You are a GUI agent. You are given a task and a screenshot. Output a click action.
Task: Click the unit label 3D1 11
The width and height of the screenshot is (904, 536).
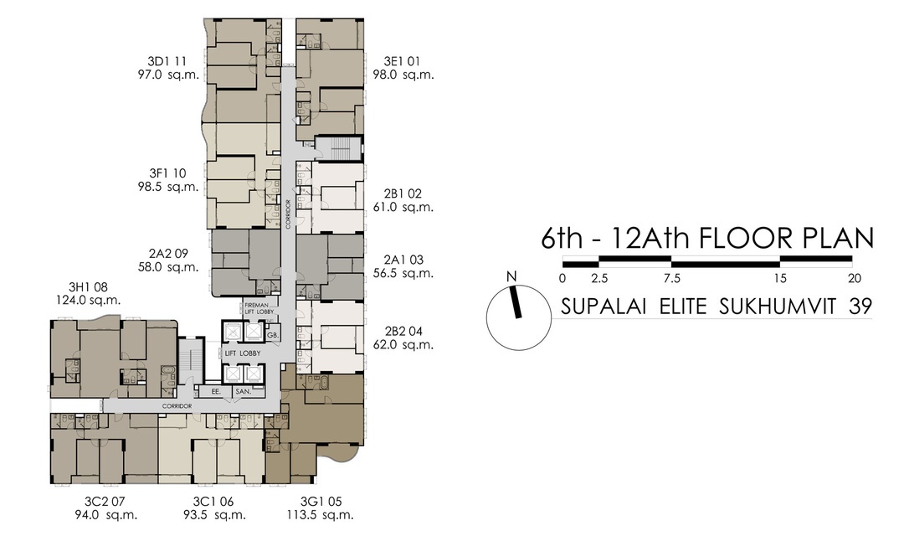coord(167,61)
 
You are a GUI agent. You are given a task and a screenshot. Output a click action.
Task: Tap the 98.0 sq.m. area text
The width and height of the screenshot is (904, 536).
coord(403,75)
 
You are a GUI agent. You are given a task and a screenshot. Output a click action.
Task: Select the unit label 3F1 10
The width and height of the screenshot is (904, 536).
coord(167,173)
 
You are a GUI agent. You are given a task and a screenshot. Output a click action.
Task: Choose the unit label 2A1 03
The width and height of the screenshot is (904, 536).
coord(403,259)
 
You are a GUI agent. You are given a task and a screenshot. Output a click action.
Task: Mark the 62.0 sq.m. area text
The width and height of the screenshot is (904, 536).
coord(403,344)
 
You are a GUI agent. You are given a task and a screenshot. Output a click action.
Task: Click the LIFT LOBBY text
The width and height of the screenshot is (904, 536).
coord(243,353)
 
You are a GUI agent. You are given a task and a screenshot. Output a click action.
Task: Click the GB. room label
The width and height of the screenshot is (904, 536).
coord(272,335)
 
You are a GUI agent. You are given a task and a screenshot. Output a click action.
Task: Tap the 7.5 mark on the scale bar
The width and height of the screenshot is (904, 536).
coord(672,278)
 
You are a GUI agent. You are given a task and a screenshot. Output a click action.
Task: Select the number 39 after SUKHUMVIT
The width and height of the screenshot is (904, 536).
coord(860,307)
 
